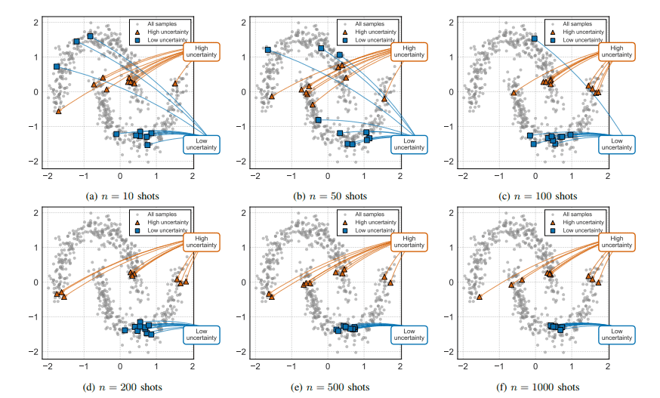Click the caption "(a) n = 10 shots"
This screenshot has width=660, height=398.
coord(120,196)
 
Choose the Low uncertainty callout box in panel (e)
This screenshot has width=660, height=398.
coord(409,335)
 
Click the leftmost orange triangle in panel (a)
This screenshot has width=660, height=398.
coord(59,111)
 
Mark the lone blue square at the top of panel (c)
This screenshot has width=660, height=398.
coord(535,39)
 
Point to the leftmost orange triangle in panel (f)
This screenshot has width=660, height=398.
coord(479,297)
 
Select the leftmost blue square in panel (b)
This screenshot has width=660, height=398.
coord(267,50)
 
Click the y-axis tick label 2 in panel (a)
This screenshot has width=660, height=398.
coord(35,22)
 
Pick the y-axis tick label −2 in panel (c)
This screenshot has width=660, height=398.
coord(452,162)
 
